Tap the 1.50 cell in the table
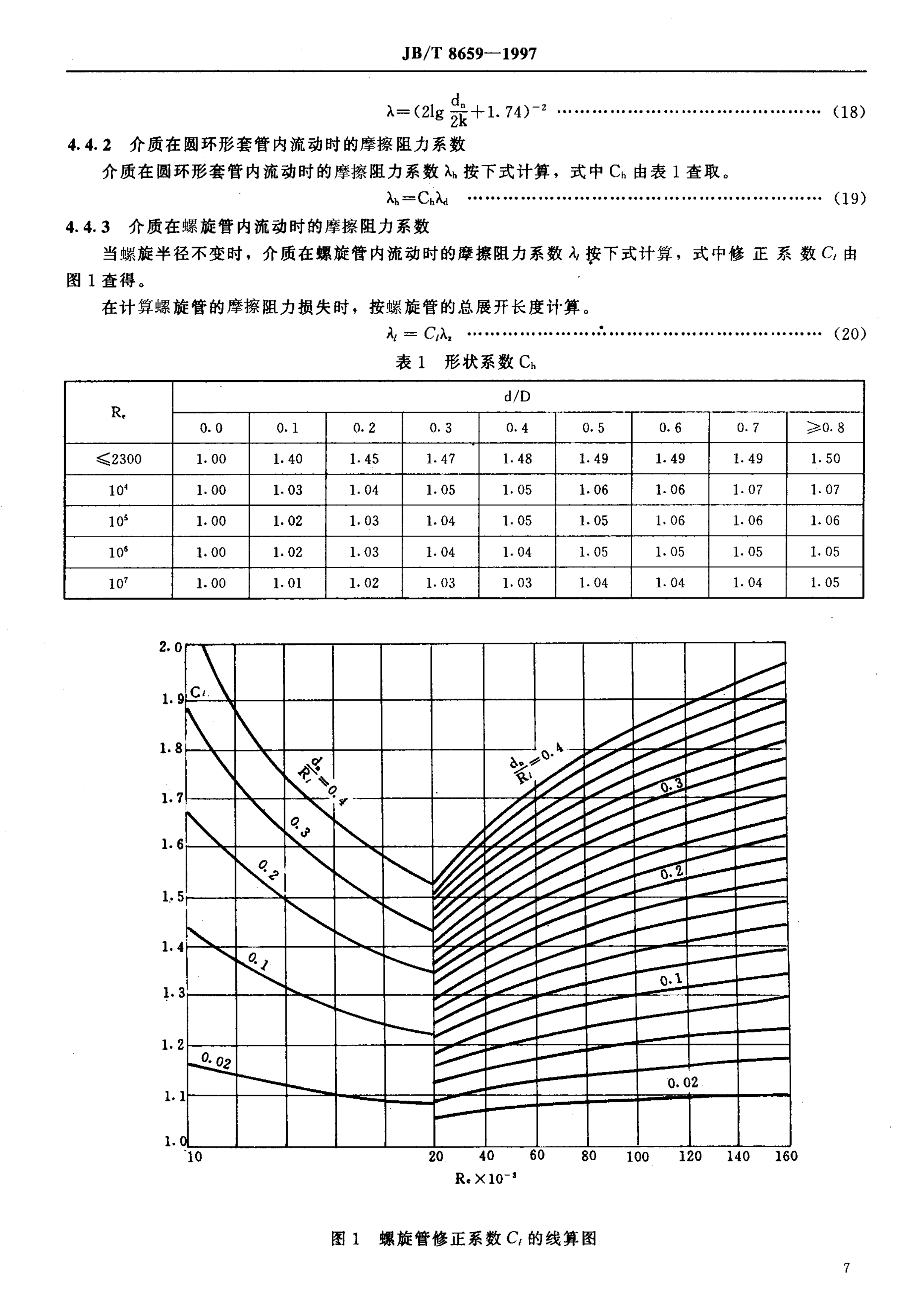coord(825,459)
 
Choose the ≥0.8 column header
coord(825,427)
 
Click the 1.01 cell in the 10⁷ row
coord(287,583)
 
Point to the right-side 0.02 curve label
coord(682,1083)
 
